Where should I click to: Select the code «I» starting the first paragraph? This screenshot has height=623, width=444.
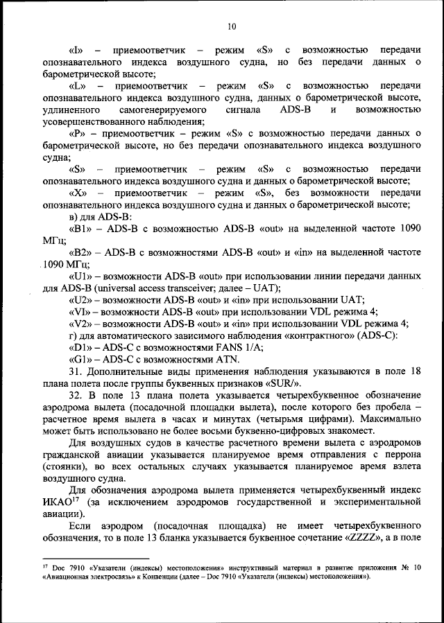click(77, 51)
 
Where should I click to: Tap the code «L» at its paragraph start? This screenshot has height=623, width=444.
click(78, 86)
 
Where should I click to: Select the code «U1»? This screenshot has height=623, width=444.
click(80, 275)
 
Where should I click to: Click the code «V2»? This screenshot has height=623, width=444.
click(80, 322)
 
